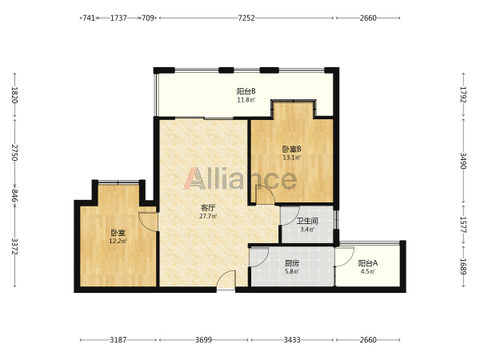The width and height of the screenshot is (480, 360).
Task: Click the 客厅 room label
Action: click(x=208, y=208)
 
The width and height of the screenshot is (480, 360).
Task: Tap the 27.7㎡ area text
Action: click(x=208, y=216)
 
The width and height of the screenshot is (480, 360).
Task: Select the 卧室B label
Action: click(x=291, y=150)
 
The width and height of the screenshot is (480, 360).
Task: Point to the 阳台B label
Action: click(x=246, y=91)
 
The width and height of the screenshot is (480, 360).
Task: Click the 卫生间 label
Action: click(x=307, y=221)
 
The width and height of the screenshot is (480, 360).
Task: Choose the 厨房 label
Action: click(x=292, y=263)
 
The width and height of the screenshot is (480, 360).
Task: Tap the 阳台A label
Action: click(x=368, y=263)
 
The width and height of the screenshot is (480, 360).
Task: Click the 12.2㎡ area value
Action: click(x=118, y=241)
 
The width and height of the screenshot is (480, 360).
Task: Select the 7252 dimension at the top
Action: click(x=246, y=18)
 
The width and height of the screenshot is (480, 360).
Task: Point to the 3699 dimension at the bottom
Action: click(x=203, y=340)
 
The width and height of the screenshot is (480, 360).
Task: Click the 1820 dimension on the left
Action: click(x=14, y=95)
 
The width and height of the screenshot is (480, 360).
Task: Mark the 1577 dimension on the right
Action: click(x=463, y=225)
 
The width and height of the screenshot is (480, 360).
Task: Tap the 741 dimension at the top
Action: click(x=89, y=18)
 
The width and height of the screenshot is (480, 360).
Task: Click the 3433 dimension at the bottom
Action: click(x=292, y=340)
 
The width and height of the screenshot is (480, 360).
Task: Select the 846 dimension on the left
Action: click(x=14, y=196)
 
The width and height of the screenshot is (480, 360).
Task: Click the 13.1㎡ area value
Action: click(x=291, y=158)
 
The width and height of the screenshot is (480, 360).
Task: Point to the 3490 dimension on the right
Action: click(x=463, y=161)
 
